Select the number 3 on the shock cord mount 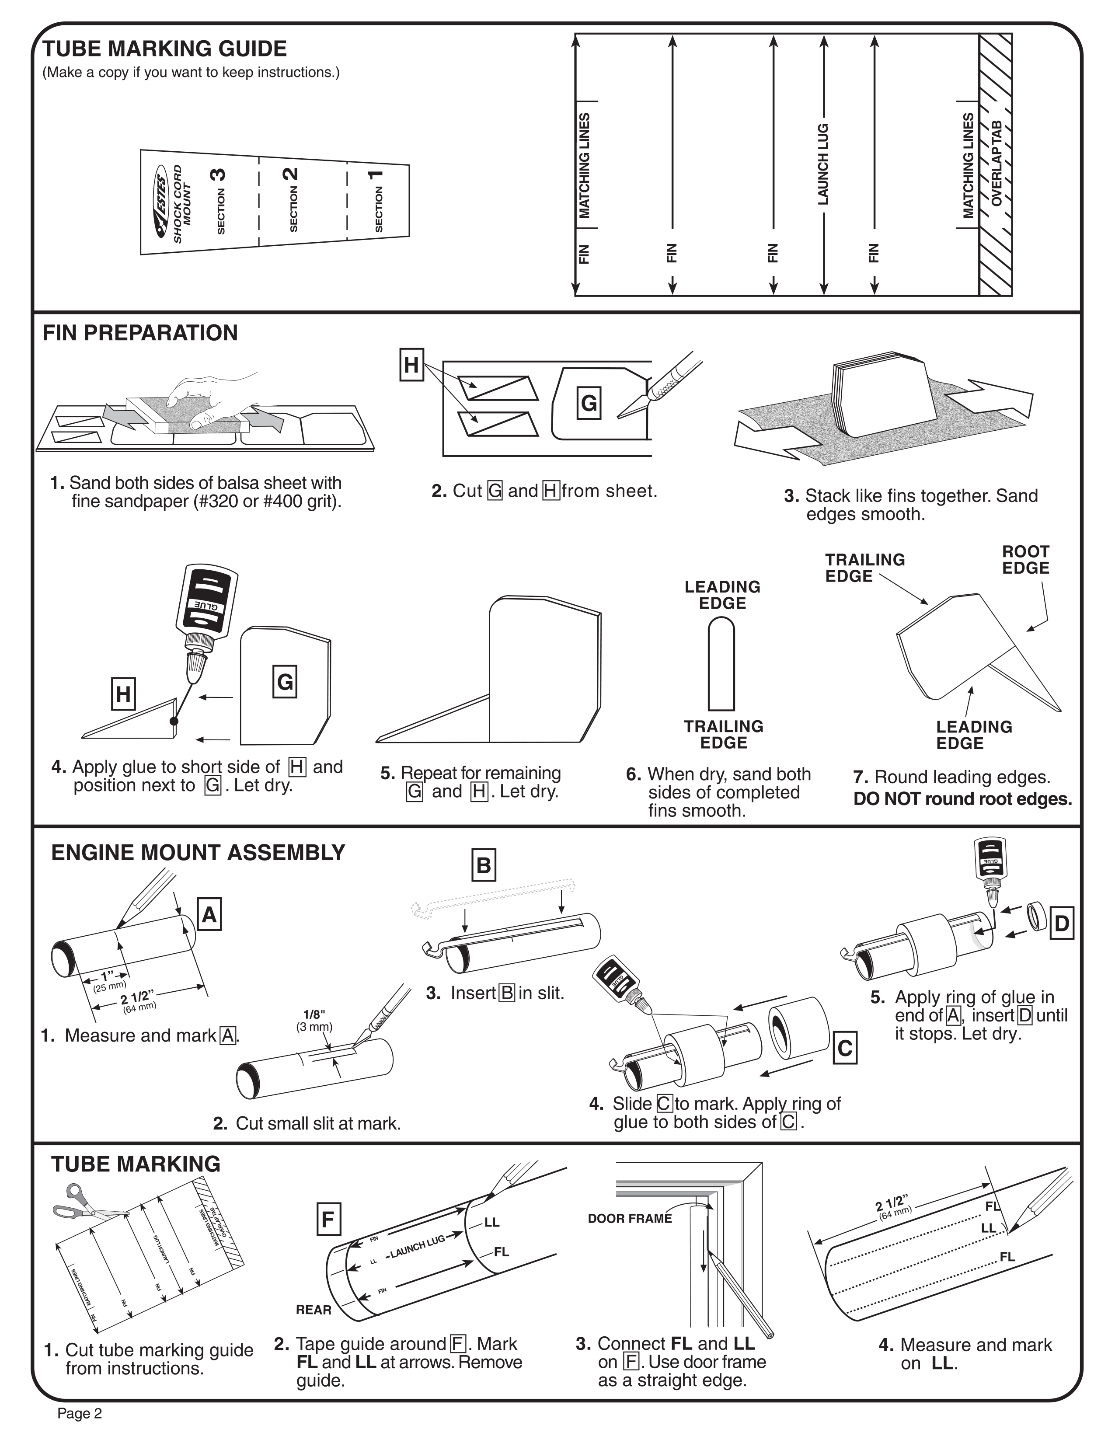[x=218, y=174]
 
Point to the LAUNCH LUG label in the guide [x=823, y=164]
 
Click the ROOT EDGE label [x=1025, y=560]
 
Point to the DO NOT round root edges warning [x=962, y=799]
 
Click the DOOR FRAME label [x=630, y=1218]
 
